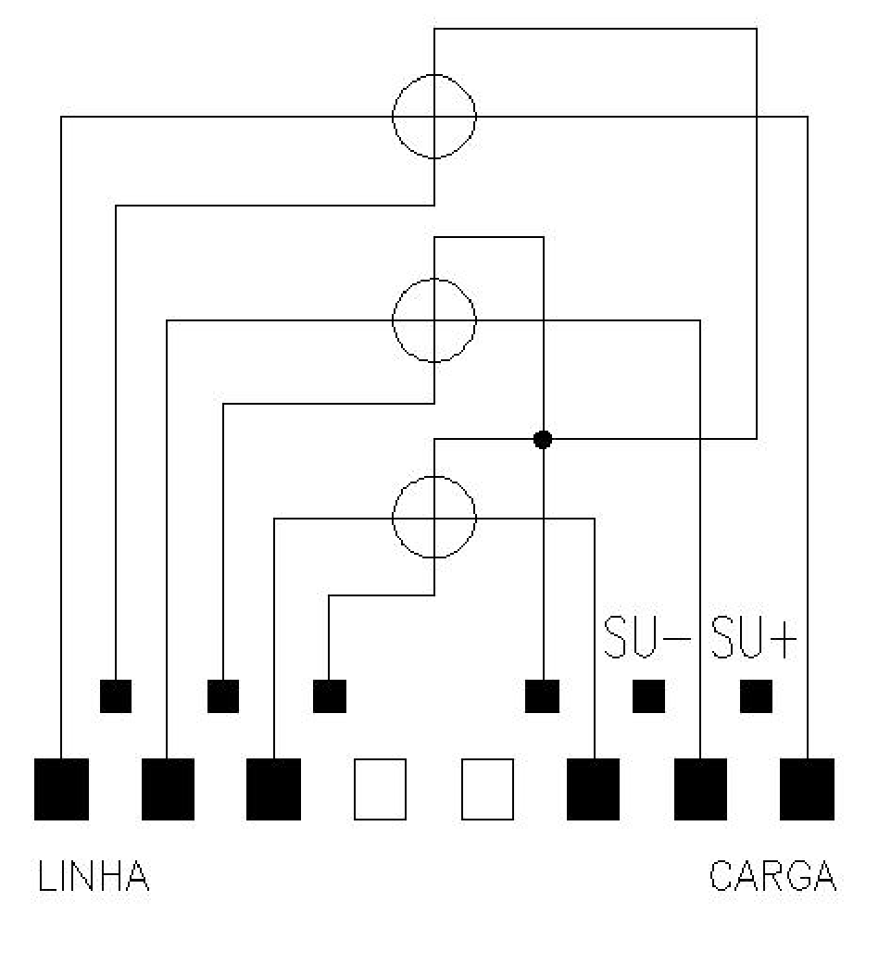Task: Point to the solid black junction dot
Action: coord(543,439)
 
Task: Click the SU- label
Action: coord(646,637)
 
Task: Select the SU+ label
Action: coord(754,637)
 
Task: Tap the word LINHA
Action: coord(94,875)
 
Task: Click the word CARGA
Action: coord(773,875)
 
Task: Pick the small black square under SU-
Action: coord(648,696)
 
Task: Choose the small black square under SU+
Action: coord(756,696)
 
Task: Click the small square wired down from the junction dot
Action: coord(543,696)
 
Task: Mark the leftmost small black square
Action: coord(116,696)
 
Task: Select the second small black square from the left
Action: coord(223,696)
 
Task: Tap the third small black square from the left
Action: coord(330,696)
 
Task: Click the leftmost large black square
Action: coord(61,789)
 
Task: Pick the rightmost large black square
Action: coord(808,789)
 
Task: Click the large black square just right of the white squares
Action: coord(594,789)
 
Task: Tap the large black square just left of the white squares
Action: coord(273,789)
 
